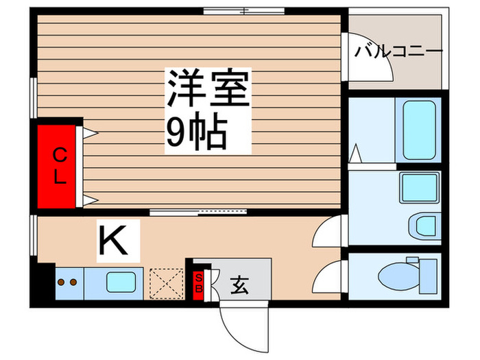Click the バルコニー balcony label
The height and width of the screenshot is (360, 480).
(x=398, y=51)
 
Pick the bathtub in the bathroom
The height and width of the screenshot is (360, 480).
(x=416, y=130)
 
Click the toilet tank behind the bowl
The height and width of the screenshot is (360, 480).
(x=429, y=274)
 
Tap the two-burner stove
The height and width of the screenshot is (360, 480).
(x=67, y=282)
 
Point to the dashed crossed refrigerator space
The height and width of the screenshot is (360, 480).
(x=165, y=282)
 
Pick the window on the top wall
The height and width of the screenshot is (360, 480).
(x=244, y=10)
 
